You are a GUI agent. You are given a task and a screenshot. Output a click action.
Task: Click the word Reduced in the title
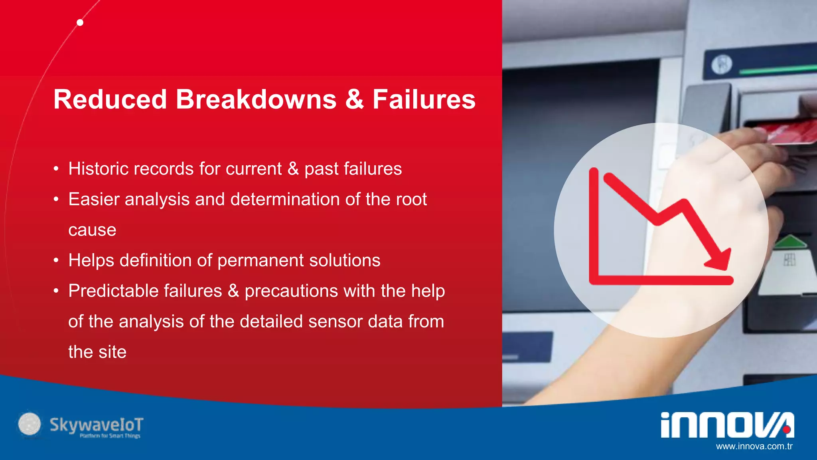tap(110, 99)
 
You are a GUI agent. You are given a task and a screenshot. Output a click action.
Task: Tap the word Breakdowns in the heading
tap(256, 99)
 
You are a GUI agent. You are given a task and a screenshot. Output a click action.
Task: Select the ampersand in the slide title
tap(354, 99)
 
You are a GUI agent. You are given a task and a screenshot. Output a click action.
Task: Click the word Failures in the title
tap(424, 99)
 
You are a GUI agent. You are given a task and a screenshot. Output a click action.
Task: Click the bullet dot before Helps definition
tap(56, 261)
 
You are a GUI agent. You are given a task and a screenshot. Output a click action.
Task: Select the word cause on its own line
tap(92, 230)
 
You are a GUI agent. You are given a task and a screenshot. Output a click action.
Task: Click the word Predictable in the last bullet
tap(145, 291)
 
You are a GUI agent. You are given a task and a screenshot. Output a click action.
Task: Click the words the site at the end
tap(97, 352)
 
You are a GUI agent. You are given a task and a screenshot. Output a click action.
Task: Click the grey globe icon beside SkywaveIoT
tap(30, 424)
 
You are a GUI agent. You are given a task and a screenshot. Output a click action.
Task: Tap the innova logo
tap(727, 425)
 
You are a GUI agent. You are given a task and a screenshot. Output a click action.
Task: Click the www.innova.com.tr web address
tap(754, 446)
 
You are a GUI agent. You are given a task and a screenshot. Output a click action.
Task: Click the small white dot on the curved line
tap(80, 22)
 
